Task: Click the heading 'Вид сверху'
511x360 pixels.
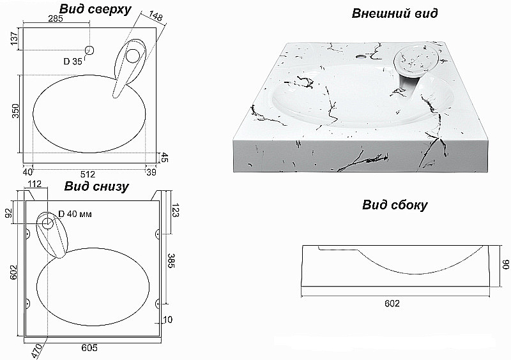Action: click(x=95, y=10)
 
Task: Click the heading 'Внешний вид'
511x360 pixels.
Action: click(x=395, y=13)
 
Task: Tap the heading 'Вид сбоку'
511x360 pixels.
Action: click(x=395, y=206)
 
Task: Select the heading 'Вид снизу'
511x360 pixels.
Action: click(x=96, y=186)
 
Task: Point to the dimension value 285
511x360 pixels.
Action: click(x=56, y=19)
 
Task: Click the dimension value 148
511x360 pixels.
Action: click(x=156, y=17)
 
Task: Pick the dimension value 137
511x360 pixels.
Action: click(x=13, y=39)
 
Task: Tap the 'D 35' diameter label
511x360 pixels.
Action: click(x=73, y=61)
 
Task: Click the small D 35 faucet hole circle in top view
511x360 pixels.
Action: click(x=89, y=50)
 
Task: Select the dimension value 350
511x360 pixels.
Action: click(x=15, y=111)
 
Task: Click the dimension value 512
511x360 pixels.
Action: click(x=88, y=174)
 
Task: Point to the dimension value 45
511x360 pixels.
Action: click(x=165, y=158)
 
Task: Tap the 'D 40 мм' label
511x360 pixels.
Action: click(x=75, y=214)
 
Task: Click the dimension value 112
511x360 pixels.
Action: click(x=34, y=184)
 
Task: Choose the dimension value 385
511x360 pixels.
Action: click(x=171, y=260)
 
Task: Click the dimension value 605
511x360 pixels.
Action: click(x=89, y=348)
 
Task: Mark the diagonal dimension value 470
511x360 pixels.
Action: click(x=37, y=351)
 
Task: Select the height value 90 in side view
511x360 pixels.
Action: click(x=505, y=264)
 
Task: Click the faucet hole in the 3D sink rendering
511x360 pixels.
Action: click(x=360, y=56)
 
